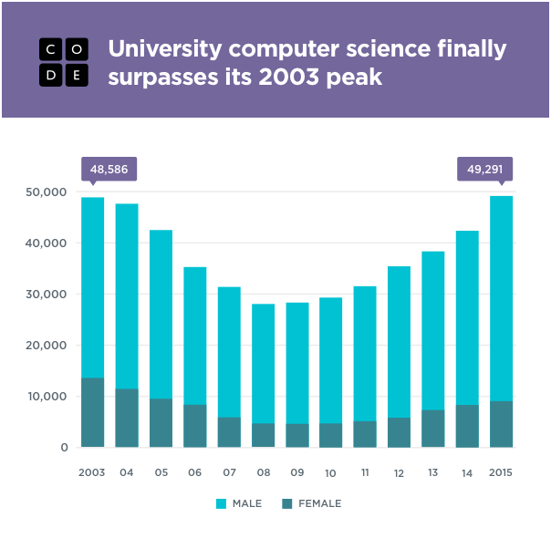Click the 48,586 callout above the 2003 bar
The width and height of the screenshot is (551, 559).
(109, 169)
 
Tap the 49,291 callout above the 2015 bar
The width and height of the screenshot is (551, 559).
(484, 169)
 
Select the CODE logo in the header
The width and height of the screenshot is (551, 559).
(64, 63)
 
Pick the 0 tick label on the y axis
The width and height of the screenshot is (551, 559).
(65, 448)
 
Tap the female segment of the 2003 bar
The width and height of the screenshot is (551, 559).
(92, 412)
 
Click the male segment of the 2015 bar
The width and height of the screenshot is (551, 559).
(501, 298)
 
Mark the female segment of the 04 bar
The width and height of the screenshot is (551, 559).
(127, 418)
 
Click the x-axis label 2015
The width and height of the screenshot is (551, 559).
(501, 473)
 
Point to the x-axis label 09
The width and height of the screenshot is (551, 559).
(296, 473)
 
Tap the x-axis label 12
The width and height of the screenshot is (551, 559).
(399, 473)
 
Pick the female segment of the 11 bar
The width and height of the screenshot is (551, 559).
(365, 434)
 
